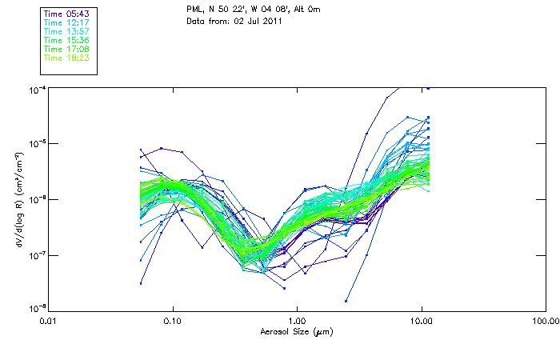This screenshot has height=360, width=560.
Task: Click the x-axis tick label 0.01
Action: coord(49,321)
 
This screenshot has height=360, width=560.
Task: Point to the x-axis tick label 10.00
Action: coord(421,321)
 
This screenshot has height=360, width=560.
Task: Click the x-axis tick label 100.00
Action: coord(545,321)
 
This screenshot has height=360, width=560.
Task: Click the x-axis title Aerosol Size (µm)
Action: coord(297,331)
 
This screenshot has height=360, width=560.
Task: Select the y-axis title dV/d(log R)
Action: coord(17,198)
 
